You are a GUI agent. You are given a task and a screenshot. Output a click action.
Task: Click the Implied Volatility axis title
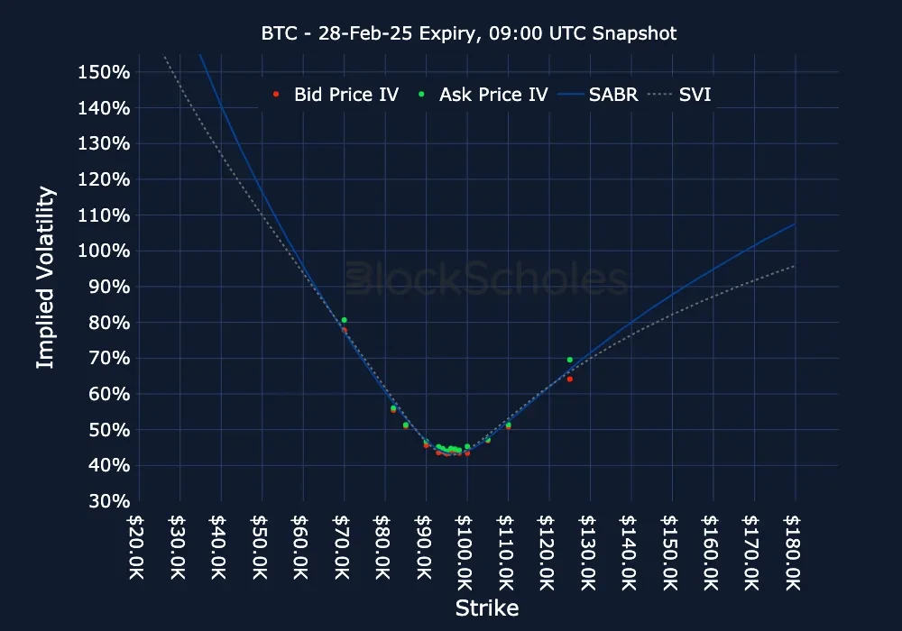click(x=46, y=278)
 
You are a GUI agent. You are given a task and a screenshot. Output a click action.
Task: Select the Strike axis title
click(x=486, y=608)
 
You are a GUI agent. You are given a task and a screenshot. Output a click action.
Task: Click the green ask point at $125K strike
click(x=570, y=360)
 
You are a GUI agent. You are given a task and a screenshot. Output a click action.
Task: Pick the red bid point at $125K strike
click(x=570, y=379)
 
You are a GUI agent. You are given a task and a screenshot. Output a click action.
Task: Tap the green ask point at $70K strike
click(x=344, y=320)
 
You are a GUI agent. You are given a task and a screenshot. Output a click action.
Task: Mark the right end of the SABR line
click(x=795, y=224)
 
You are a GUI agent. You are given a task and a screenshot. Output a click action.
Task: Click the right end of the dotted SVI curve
click(x=795, y=266)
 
